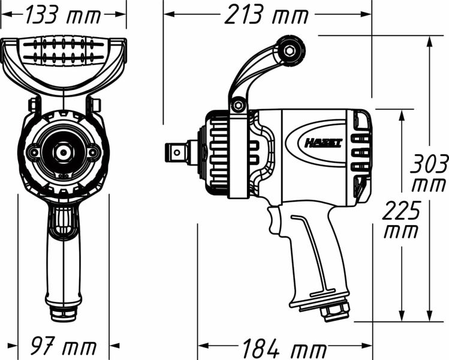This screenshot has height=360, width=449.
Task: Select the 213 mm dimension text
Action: [267, 15]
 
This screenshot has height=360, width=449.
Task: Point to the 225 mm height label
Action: [401, 220]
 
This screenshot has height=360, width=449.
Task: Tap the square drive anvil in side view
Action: [177, 152]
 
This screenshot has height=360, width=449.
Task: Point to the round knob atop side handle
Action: [291, 50]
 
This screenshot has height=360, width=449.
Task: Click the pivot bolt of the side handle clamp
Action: [239, 106]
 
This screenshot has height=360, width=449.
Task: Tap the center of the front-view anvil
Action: [63, 152]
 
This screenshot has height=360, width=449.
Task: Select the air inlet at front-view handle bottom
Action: [63, 313]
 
